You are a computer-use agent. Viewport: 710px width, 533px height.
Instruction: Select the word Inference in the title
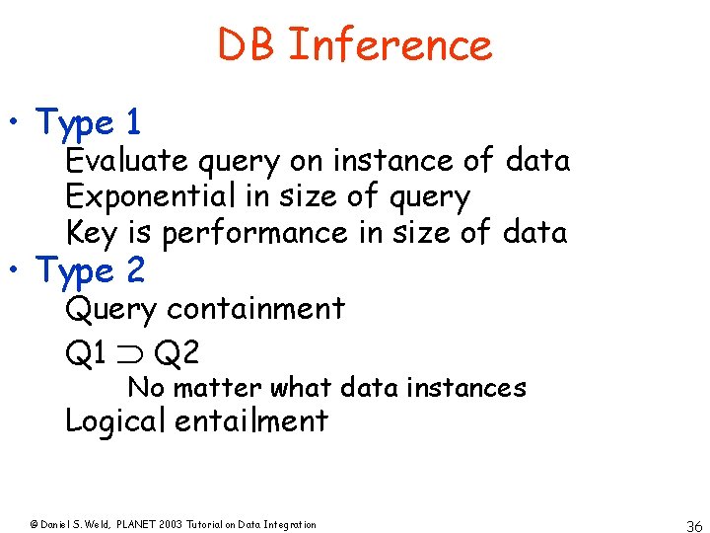point(390,45)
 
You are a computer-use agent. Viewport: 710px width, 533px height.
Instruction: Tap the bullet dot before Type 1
point(17,125)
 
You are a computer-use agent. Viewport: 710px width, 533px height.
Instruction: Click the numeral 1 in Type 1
point(133,122)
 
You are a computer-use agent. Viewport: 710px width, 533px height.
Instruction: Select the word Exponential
point(152,196)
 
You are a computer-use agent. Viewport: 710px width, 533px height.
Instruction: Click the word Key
point(89,234)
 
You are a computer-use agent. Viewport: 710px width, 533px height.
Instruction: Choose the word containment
point(255,309)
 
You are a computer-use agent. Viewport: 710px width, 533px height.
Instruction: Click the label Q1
point(86,352)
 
